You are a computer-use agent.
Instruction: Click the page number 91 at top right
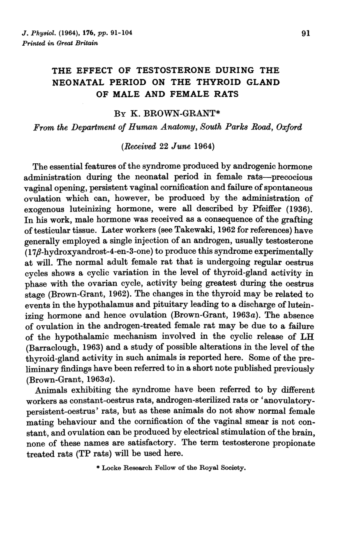point(305,34)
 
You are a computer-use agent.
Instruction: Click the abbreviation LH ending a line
point(308,336)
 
